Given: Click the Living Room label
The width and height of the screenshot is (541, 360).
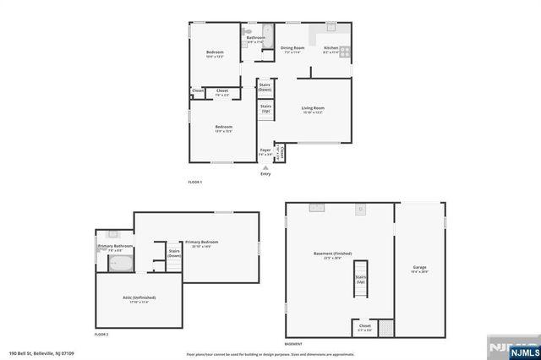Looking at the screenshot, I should (x=313, y=108).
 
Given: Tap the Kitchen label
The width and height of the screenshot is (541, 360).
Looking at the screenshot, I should (x=331, y=48).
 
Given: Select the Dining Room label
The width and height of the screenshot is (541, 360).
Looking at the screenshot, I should (x=292, y=48).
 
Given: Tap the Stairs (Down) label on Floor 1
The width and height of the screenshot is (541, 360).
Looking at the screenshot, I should (x=265, y=86).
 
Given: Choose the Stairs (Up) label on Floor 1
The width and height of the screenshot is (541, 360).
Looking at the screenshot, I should (x=265, y=108).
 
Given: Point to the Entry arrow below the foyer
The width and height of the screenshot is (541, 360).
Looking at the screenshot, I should (x=266, y=168).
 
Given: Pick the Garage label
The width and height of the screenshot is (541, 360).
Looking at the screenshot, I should (x=419, y=269).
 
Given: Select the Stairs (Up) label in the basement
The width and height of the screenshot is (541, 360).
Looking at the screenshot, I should (x=361, y=279).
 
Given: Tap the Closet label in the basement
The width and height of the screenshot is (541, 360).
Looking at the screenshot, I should (x=364, y=325).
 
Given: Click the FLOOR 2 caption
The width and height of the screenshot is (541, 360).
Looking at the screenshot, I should (x=101, y=335).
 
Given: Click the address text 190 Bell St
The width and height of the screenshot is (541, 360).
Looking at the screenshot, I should (x=41, y=354).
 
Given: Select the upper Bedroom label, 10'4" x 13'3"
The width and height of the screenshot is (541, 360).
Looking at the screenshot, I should (x=215, y=53).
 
